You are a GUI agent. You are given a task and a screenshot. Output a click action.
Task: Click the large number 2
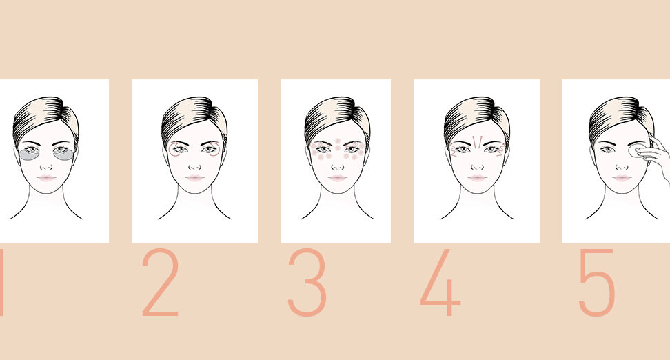point(160,282)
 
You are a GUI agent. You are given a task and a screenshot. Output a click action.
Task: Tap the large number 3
point(307,282)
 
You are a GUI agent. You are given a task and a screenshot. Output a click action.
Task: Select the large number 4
point(440,282)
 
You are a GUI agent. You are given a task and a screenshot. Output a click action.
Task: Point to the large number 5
point(597,282)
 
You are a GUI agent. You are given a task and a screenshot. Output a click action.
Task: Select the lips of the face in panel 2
point(194,178)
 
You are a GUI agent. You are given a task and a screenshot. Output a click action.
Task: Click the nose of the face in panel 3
point(338,166)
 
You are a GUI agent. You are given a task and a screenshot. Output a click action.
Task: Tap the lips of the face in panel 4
point(477,178)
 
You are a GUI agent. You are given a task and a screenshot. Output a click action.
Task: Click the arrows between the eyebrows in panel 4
point(477,142)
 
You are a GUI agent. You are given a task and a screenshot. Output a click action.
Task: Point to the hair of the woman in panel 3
point(338,117)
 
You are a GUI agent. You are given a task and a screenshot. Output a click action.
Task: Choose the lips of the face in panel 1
point(45,178)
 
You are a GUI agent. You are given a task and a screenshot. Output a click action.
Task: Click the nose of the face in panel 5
point(622,166)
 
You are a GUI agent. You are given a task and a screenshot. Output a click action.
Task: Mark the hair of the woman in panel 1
point(45,117)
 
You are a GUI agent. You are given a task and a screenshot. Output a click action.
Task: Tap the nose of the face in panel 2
point(194,166)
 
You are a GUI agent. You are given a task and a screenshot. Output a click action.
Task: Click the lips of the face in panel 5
point(622,178)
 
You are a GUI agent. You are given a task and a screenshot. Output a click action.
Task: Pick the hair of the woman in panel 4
point(477,117)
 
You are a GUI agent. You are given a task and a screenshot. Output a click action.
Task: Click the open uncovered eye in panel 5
point(607,149)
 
